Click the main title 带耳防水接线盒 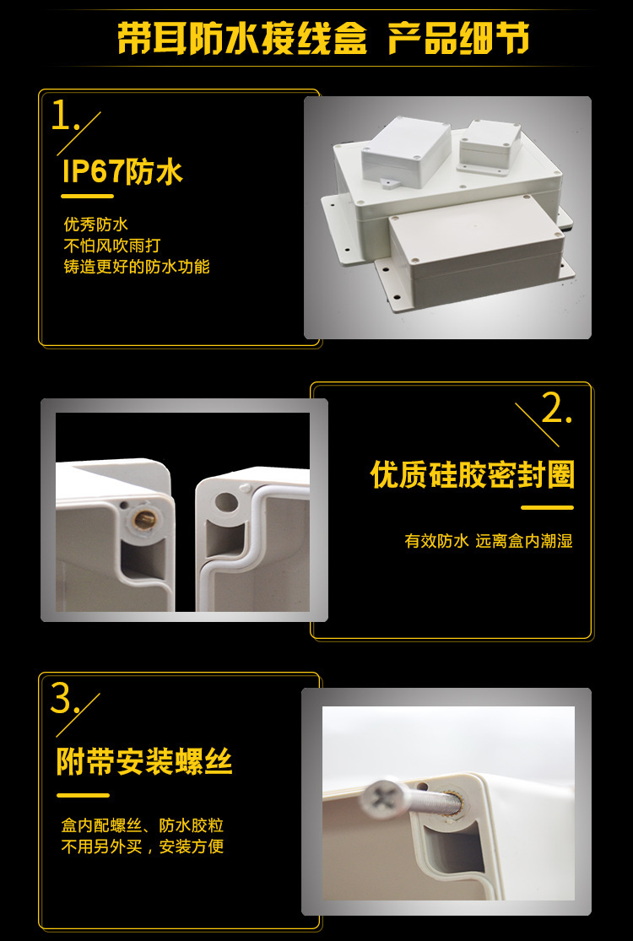pyautogui.click(x=242, y=39)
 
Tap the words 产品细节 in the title pyautogui.click(x=458, y=39)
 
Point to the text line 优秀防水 pyautogui.click(x=95, y=224)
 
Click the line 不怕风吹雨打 pyautogui.click(x=111, y=246)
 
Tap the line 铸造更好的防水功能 pyautogui.click(x=137, y=267)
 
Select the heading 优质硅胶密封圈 pyautogui.click(x=472, y=475)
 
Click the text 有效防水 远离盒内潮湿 pyautogui.click(x=489, y=541)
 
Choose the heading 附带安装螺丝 pyautogui.click(x=144, y=762)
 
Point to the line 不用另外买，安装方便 pyautogui.click(x=143, y=846)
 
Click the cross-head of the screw pyautogui.click(x=381, y=798)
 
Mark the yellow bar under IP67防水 pyautogui.click(x=88, y=196)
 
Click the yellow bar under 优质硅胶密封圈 pyautogui.click(x=547, y=507)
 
